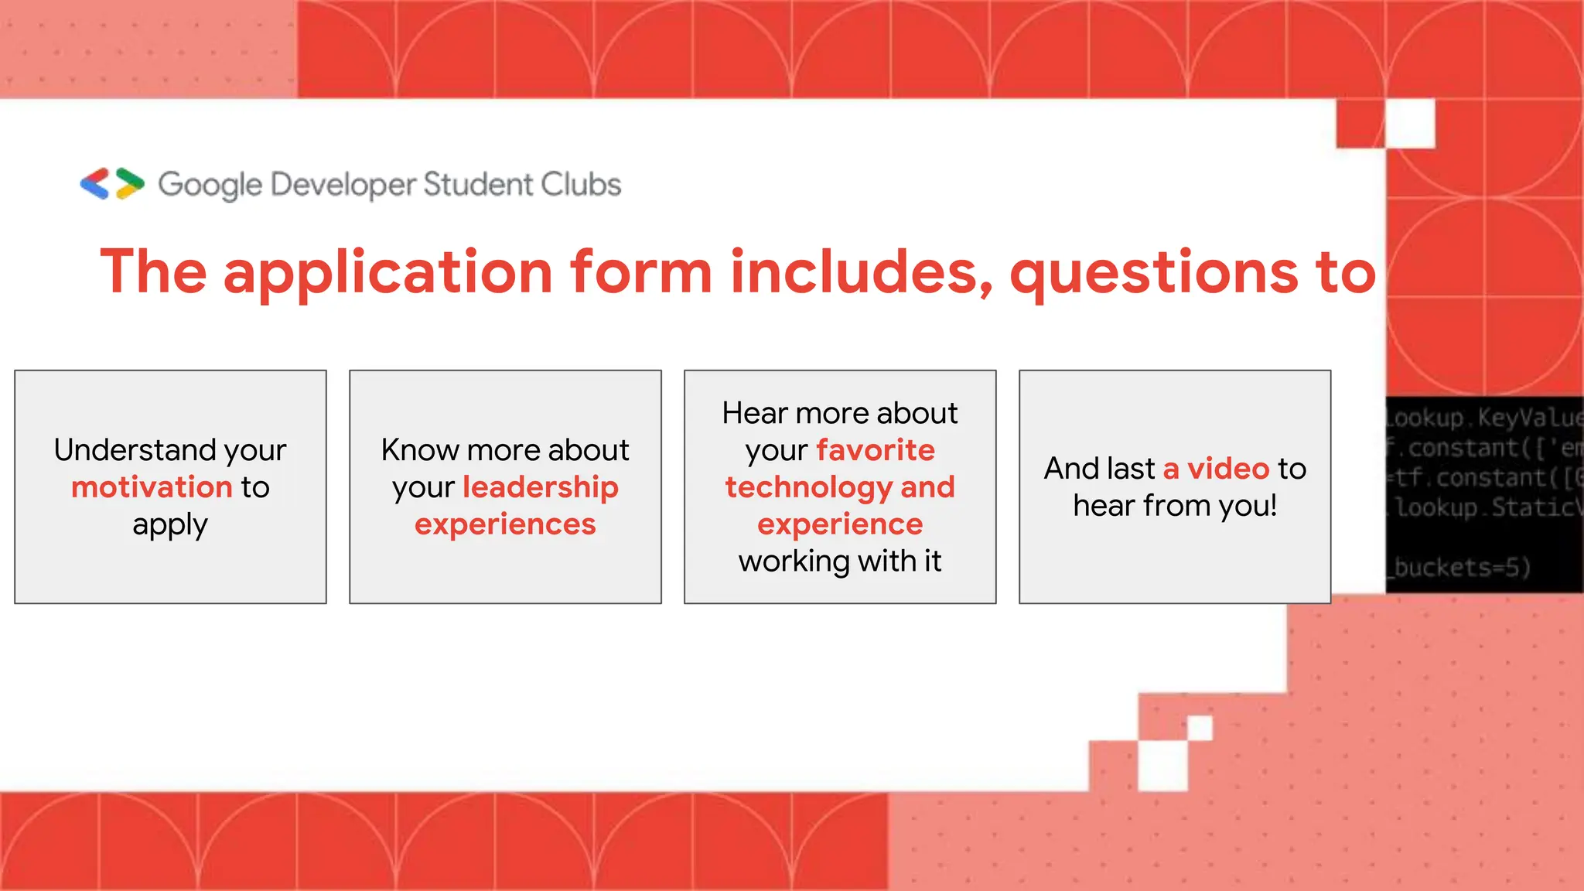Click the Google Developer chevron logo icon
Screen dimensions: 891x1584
112,184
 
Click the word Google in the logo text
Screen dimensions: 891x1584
210,185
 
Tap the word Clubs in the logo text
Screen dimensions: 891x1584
581,184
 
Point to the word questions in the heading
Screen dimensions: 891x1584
1153,272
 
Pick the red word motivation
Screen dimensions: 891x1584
152,487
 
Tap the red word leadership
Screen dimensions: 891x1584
541,487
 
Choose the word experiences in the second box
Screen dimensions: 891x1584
505,524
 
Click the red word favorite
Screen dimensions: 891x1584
876,450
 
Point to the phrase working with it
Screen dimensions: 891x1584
840,562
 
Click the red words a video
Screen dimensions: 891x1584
1216,469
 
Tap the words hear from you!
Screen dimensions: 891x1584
1175,506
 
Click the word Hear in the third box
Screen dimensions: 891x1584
754,413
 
